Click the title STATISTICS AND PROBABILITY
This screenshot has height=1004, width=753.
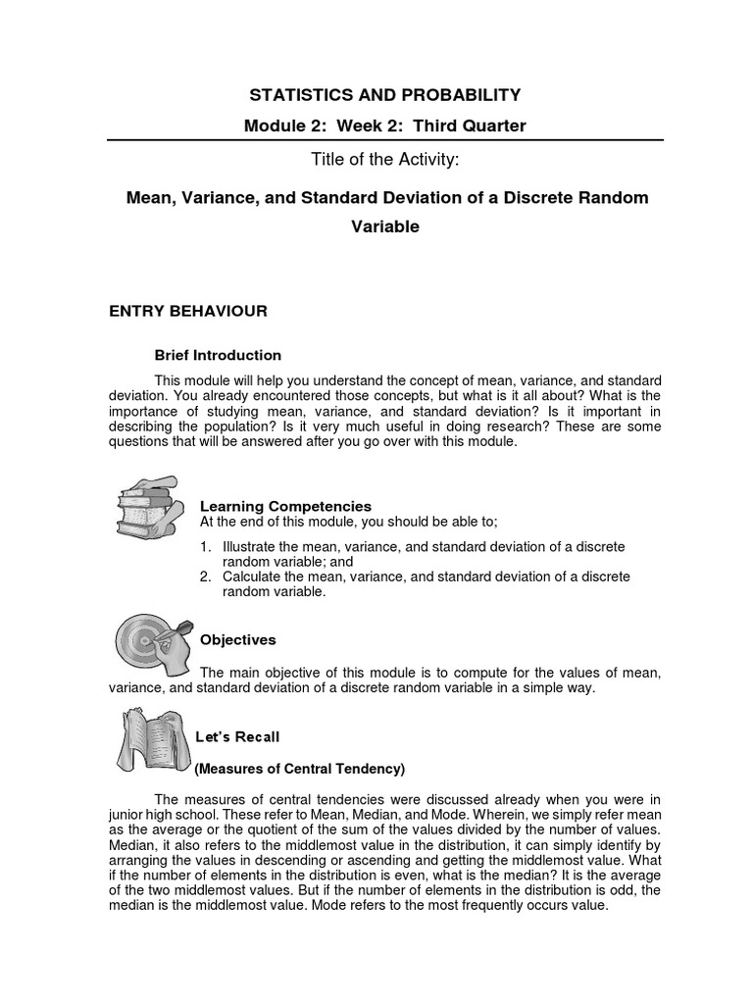pos(384,95)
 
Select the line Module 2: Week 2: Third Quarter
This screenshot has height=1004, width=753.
pos(384,125)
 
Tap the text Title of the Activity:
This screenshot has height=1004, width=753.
pos(384,161)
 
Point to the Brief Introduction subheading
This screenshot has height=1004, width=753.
pos(219,355)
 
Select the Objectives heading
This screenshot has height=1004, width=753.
pos(238,639)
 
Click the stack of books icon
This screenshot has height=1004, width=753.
pos(148,509)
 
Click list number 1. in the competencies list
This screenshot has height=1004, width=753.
pos(206,545)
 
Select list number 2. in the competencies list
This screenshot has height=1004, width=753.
pos(206,577)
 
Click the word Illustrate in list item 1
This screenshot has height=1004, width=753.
pos(247,545)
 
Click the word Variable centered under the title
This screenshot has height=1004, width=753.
pos(384,226)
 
